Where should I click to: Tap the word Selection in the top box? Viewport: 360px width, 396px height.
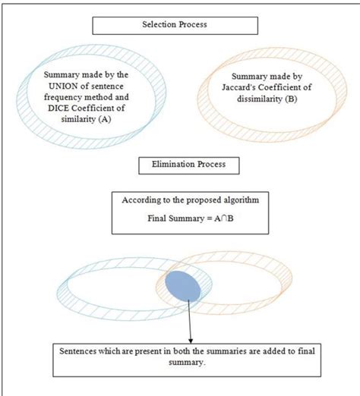point(159,26)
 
